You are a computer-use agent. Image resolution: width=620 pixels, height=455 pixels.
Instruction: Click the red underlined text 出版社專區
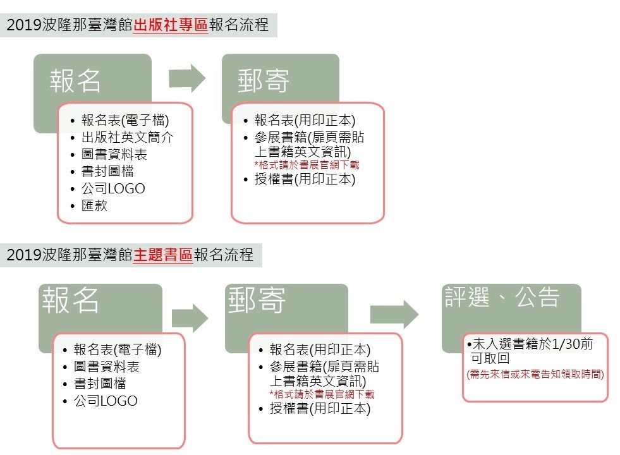(171, 25)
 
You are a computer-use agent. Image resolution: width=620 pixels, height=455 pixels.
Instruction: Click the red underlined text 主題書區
(163, 255)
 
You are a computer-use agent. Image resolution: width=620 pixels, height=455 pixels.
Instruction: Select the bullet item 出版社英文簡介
(127, 137)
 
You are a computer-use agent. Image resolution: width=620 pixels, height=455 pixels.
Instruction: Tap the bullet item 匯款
(95, 205)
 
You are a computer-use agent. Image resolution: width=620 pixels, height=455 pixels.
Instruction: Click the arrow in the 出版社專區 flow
(187, 78)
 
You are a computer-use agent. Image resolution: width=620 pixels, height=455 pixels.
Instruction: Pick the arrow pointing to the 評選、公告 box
(394, 314)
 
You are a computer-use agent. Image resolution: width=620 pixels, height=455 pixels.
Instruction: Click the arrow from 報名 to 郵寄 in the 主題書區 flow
(190, 318)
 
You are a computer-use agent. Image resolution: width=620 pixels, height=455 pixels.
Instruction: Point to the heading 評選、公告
(502, 297)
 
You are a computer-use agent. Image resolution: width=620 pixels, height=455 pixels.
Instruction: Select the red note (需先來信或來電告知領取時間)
(535, 374)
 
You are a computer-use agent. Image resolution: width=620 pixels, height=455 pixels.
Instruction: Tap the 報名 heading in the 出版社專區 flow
(75, 81)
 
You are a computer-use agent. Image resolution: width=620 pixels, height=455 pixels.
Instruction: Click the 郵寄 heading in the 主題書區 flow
(257, 300)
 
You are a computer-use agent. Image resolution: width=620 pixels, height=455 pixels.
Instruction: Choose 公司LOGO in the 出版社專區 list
(113, 188)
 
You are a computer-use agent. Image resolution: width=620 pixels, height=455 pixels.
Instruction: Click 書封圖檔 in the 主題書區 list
(100, 384)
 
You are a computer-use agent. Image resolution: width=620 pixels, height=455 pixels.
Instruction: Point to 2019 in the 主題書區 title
(24, 255)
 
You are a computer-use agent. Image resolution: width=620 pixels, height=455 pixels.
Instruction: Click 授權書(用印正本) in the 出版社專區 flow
(305, 179)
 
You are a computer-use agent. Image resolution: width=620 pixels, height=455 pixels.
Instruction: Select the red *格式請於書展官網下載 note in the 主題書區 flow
(322, 394)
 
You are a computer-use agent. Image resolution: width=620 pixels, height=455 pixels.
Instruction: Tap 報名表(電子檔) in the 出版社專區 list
(125, 120)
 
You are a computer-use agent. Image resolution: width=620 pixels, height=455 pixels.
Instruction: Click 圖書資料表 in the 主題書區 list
(107, 367)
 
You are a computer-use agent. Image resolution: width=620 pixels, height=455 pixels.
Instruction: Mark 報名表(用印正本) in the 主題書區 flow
(320, 349)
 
